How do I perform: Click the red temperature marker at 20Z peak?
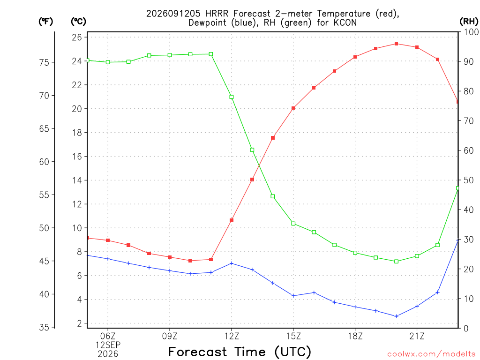point(397,44)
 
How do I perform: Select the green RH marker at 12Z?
point(232,97)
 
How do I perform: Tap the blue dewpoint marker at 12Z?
point(232,263)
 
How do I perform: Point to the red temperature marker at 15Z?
point(293,108)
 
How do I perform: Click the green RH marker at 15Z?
point(293,224)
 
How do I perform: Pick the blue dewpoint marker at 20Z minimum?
point(397,316)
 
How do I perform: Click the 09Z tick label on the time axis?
point(170,336)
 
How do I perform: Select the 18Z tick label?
point(355,336)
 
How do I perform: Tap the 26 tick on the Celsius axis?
point(77,37)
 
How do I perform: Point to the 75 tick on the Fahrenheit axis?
point(44,62)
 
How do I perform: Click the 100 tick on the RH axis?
point(471,32)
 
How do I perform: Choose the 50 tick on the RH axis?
point(469,180)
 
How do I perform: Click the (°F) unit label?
point(45,22)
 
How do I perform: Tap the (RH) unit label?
point(469,22)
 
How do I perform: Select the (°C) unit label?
point(79,22)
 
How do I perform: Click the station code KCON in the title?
point(345,22)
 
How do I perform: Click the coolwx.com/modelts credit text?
point(432,354)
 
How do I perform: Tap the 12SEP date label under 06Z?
point(108,345)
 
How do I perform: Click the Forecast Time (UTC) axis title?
point(240,352)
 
